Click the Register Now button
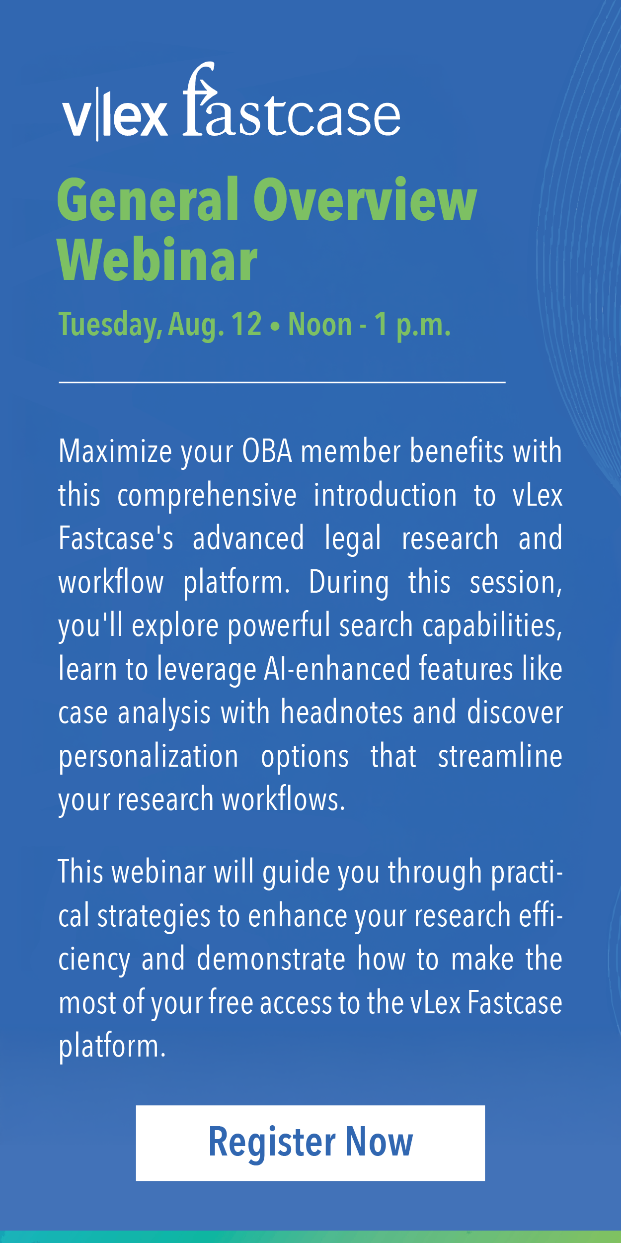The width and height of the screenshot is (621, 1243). coord(310,1143)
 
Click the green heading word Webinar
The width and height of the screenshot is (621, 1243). coord(157,260)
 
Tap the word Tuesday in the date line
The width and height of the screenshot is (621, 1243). coord(110,325)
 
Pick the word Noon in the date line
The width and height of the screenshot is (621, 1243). coord(320,324)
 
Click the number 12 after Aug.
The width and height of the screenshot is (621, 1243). coord(246,324)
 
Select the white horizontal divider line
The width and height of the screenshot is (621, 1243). coord(282,382)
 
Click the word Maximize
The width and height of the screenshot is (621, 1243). coord(115,451)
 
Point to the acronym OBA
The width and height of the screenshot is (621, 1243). coord(267,451)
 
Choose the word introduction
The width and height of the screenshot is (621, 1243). coord(385,495)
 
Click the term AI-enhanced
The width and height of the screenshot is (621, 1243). coord(337,669)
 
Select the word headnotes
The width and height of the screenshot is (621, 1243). coord(342,712)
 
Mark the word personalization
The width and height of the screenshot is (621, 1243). coord(149,757)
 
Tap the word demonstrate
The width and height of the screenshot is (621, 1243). coord(271,959)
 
